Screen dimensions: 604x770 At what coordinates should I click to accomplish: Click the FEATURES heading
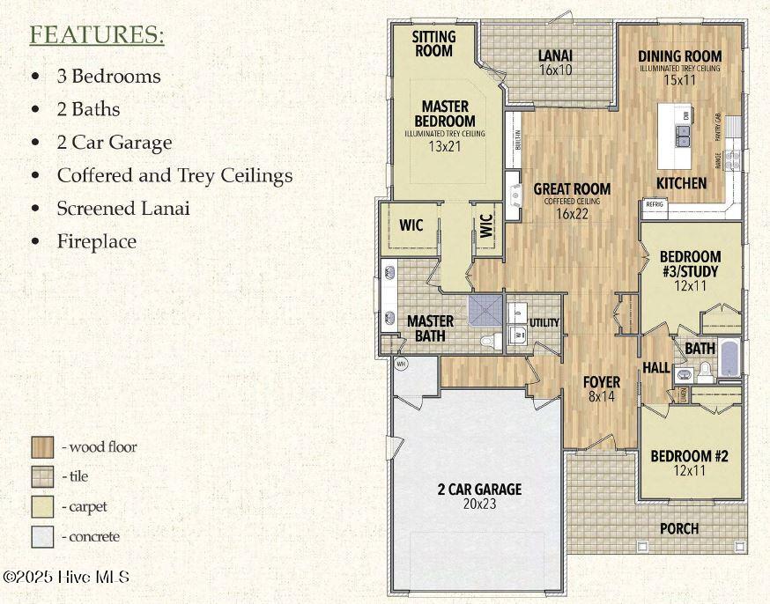97,36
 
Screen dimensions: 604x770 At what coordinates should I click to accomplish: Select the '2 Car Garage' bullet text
114,143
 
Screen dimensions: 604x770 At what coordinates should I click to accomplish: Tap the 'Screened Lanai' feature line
122,209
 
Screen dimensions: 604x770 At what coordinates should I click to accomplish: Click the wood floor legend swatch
41,447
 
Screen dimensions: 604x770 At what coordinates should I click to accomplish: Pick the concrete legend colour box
41,536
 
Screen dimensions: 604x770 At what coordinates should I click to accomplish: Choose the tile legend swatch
41,477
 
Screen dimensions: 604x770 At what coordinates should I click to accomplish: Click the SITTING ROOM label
434,44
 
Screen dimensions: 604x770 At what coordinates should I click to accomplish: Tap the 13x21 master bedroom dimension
445,148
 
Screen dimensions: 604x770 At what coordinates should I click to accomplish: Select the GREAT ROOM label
572,189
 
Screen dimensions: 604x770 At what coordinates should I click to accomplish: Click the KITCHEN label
681,183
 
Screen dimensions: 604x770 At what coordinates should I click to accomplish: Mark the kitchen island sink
682,136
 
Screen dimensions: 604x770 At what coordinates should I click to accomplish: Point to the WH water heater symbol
400,363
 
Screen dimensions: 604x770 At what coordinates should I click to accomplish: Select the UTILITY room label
544,323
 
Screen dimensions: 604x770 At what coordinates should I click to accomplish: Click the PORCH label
678,528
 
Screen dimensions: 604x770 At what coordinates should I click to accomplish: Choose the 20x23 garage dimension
479,505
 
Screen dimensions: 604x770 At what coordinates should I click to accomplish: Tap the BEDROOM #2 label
689,456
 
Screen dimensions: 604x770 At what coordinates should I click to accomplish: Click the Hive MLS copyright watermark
66,577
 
